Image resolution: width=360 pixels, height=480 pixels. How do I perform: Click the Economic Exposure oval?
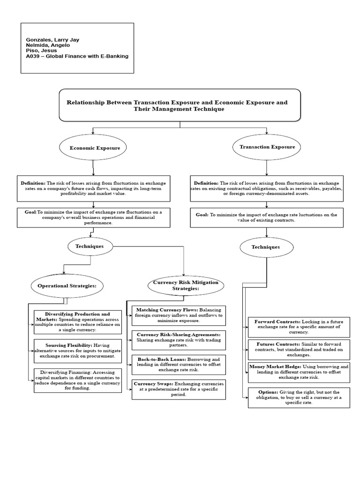(95, 148)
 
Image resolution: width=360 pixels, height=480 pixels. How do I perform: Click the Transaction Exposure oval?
(267, 147)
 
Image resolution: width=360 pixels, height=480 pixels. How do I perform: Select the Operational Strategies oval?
(67, 285)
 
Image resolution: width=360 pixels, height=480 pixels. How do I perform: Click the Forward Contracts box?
(299, 327)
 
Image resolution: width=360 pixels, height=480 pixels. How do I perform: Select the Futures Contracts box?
(299, 350)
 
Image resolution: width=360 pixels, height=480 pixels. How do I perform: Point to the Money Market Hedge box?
(299, 371)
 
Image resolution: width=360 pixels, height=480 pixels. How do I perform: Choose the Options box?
(299, 398)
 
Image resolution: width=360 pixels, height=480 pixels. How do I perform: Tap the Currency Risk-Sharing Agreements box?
(179, 340)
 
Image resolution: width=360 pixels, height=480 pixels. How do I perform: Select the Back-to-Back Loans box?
(179, 365)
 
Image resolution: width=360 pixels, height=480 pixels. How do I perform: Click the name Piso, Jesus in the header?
(42, 50)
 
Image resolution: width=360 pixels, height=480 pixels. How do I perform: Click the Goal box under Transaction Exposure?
(266, 217)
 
